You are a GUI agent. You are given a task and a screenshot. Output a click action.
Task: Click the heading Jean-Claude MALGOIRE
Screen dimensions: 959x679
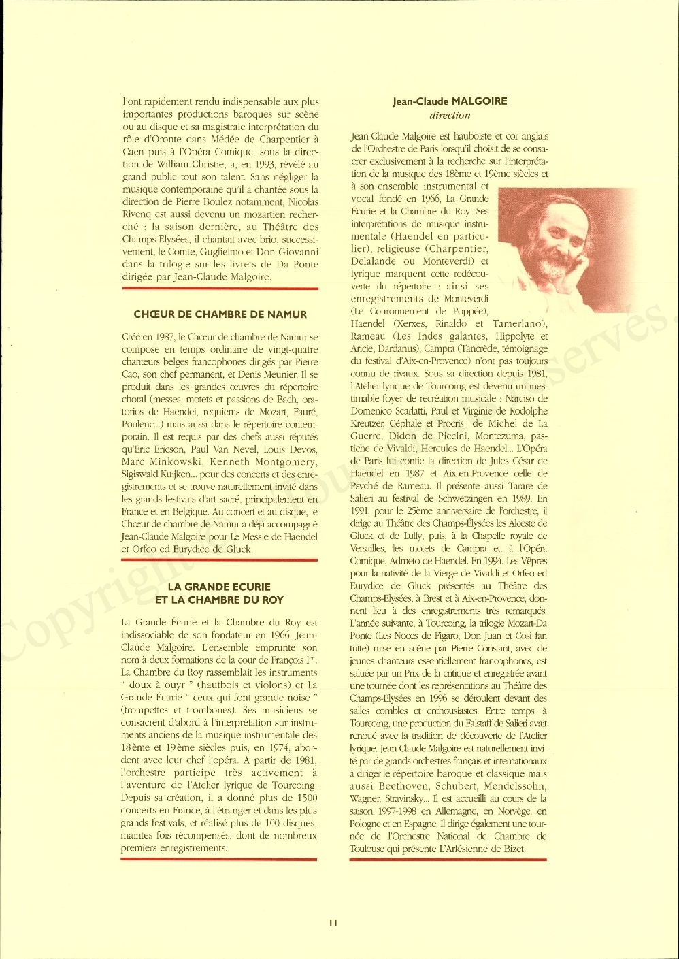tap(450, 101)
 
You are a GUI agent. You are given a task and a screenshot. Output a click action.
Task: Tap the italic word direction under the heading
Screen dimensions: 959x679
tap(450, 115)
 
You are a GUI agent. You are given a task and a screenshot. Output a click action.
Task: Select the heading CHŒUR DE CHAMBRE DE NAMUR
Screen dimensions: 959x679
tap(220, 314)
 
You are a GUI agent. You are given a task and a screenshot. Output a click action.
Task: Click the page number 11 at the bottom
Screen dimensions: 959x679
tap(333, 924)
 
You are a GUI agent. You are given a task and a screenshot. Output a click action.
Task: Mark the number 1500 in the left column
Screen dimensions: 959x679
tap(307, 798)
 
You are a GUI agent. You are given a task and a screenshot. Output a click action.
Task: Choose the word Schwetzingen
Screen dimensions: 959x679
tap(476, 499)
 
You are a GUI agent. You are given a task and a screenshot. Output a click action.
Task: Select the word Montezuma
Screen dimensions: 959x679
tap(497, 436)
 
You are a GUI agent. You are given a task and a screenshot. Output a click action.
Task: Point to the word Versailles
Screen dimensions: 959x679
tap(368, 549)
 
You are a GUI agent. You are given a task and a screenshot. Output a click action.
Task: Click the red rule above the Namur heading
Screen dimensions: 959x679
tap(220, 289)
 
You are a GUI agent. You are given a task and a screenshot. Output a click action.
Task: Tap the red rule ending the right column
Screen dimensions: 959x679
tap(448, 860)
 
